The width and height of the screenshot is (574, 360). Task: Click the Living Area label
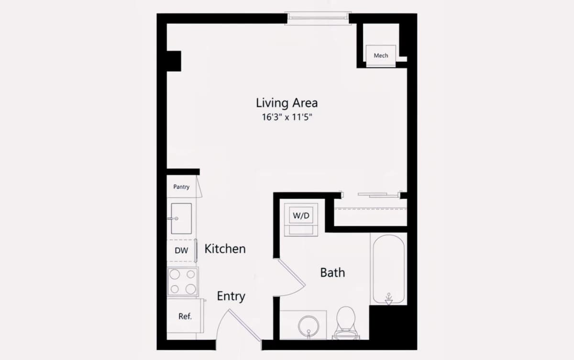287,103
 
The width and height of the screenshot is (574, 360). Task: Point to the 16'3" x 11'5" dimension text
287,117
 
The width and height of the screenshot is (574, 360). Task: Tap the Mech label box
381,56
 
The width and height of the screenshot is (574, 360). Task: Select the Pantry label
181,187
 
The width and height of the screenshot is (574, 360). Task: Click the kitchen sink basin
181,218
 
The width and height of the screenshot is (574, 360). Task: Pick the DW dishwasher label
181,250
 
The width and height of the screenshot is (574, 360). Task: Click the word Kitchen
225,249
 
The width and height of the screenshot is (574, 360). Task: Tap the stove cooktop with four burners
183,281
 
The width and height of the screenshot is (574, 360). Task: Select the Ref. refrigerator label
185,316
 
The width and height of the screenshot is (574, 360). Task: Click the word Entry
231,296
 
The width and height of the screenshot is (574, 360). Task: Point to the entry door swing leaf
245,325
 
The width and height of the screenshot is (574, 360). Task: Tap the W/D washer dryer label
301,215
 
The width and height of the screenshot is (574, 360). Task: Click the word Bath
332,272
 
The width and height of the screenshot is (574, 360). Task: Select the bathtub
388,269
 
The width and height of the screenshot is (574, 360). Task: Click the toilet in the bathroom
346,323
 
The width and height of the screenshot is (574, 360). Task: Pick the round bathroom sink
309,326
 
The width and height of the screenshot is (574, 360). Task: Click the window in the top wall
318,18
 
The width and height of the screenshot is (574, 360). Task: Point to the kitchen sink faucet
173,218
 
